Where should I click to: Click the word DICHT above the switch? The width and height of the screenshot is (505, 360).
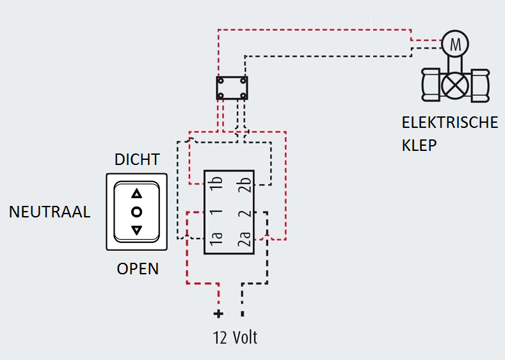click(x=137, y=159)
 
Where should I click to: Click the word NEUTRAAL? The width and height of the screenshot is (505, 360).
click(x=49, y=212)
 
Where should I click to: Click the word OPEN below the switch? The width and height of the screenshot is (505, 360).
click(x=138, y=269)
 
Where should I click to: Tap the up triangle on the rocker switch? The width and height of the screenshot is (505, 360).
click(x=136, y=194)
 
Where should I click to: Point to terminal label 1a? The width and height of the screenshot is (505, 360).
click(x=216, y=240)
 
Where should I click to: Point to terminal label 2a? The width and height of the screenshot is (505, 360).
click(x=243, y=240)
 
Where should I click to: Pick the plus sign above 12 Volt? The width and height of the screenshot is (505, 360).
click(x=218, y=314)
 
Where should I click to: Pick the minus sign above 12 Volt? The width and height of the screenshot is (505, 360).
click(x=242, y=314)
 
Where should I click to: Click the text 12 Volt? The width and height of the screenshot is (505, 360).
click(x=235, y=337)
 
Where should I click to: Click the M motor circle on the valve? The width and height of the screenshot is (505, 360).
click(x=456, y=44)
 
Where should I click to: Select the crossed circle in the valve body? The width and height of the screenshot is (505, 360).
click(x=456, y=84)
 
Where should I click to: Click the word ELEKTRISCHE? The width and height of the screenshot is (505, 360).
click(x=449, y=122)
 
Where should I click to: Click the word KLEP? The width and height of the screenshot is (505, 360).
click(x=419, y=145)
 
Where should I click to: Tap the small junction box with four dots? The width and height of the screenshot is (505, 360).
click(x=232, y=88)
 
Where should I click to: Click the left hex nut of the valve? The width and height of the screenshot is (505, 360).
click(x=430, y=84)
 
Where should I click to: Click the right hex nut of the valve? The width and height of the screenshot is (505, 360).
click(x=481, y=84)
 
